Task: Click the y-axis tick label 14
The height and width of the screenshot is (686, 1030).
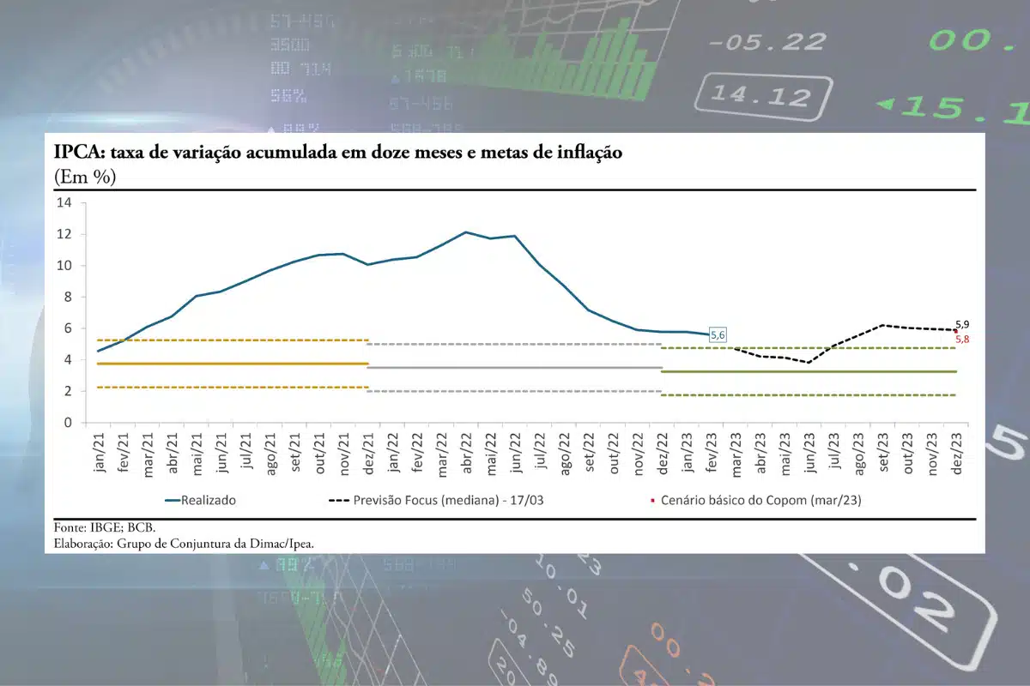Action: [64, 202]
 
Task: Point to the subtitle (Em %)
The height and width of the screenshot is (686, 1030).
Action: [85, 177]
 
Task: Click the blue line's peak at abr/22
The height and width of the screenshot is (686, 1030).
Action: [465, 232]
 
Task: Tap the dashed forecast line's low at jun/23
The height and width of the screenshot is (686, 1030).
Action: [809, 363]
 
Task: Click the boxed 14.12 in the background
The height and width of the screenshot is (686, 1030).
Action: [755, 93]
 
